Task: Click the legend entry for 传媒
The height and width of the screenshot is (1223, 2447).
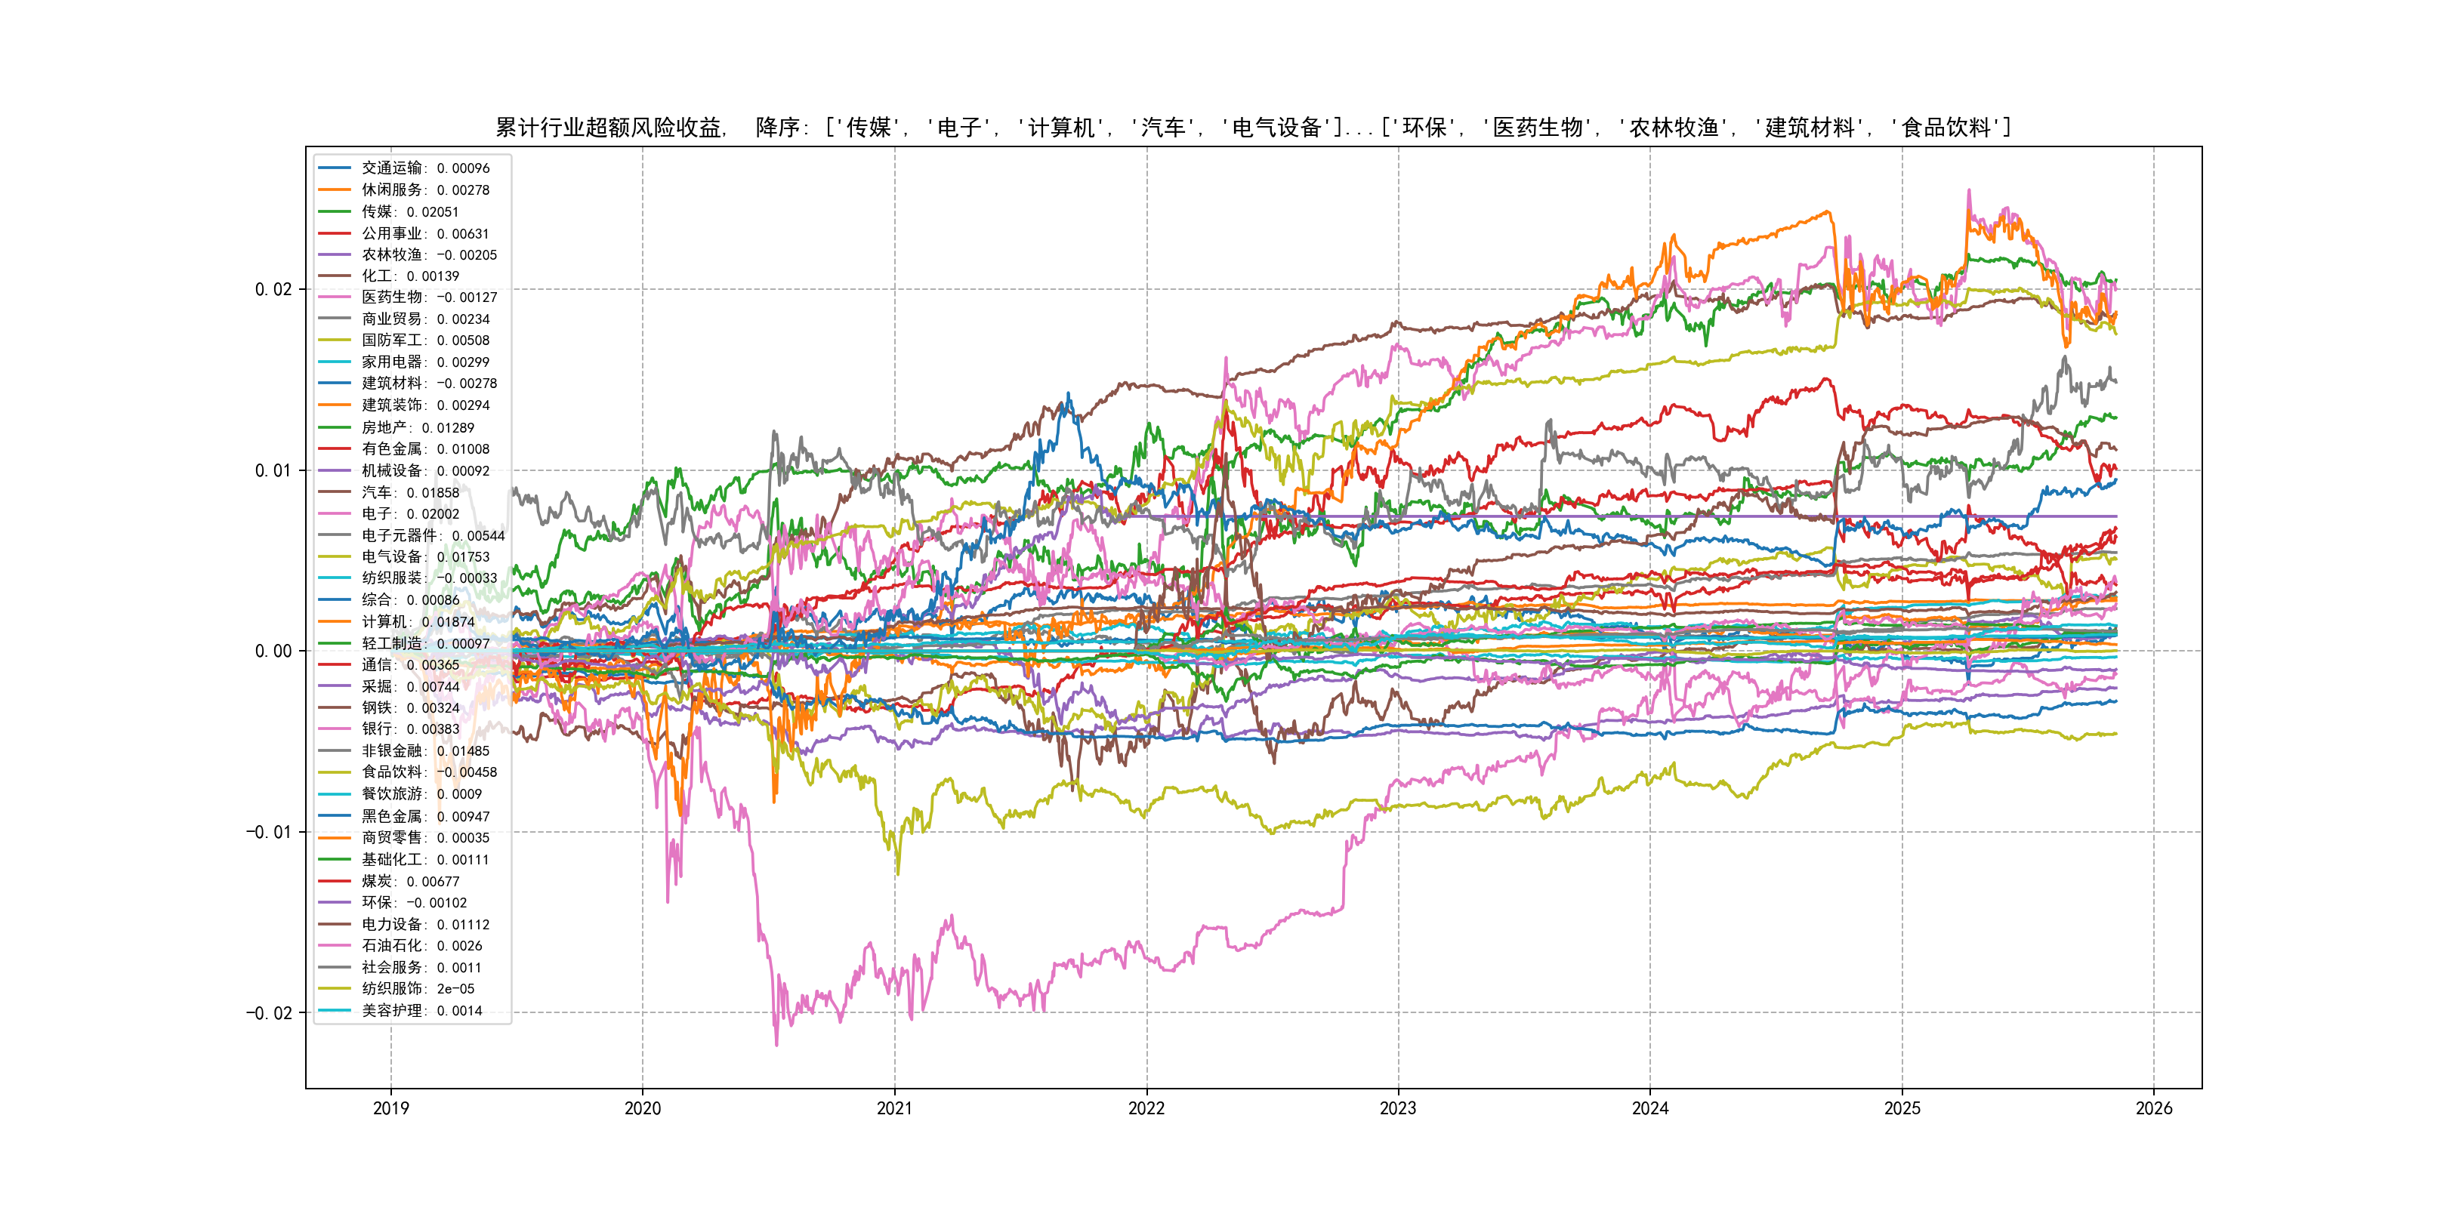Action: (x=409, y=211)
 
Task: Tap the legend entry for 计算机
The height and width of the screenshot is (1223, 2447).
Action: (x=417, y=622)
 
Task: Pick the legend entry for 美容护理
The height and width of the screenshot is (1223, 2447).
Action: (x=421, y=1010)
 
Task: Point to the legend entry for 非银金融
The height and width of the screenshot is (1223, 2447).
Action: (x=424, y=751)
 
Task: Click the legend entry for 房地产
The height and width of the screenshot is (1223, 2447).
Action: (x=417, y=427)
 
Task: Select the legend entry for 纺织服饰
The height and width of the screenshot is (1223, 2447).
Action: (x=417, y=988)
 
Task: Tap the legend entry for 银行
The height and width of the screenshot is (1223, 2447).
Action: (x=409, y=729)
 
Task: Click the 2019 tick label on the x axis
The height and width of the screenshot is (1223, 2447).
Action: (x=390, y=1108)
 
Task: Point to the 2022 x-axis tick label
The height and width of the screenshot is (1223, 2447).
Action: (x=1146, y=1108)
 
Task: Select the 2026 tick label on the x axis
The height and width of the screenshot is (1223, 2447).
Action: (x=2153, y=1108)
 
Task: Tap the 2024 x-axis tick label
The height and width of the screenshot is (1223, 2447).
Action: (x=1650, y=1108)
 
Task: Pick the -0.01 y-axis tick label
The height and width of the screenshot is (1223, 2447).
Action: (x=269, y=833)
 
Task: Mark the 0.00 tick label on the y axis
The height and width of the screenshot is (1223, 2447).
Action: (x=273, y=652)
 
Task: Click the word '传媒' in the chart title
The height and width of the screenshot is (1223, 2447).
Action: (x=869, y=128)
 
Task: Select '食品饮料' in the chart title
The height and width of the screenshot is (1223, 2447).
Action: (x=1946, y=128)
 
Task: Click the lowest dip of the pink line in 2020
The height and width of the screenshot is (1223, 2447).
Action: (x=776, y=1046)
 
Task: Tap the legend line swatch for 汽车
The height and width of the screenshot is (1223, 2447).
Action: (x=335, y=492)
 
